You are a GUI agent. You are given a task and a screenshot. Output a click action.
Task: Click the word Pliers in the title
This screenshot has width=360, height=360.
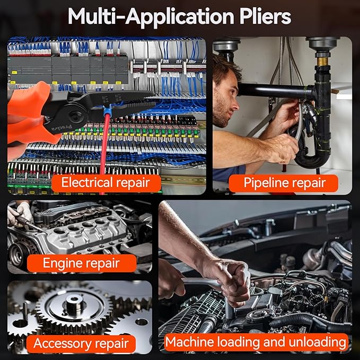coord(265,17)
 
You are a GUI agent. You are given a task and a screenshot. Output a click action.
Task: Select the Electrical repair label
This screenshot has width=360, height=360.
coord(106,183)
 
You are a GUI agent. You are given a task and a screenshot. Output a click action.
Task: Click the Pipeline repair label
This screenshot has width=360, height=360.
coord(284,183)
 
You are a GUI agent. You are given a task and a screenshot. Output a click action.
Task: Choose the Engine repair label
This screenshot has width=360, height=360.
coord(82,263)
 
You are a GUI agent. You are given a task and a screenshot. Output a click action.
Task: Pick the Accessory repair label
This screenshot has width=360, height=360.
coord(81,344)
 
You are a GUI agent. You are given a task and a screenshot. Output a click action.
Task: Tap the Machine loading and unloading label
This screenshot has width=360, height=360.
coord(256,343)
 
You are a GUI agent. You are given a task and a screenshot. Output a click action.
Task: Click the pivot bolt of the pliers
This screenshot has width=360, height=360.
coord(76,117)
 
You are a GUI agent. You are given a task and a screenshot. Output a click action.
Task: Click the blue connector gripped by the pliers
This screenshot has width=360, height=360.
coord(108,111)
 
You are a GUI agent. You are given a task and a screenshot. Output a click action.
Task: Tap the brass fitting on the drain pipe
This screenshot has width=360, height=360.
coord(322,62)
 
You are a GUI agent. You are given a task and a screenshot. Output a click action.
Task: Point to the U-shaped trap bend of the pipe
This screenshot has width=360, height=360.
coord(313,159)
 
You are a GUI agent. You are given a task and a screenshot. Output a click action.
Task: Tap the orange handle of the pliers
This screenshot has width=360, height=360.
coord(29,115)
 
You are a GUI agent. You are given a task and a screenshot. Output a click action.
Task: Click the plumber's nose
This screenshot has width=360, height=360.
coord(236,106)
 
